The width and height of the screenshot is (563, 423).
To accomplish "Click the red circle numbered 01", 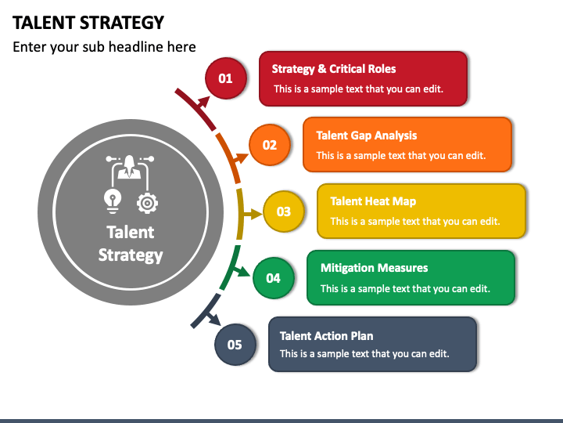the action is click(x=226, y=78).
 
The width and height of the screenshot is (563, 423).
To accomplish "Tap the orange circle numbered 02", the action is click(x=270, y=145).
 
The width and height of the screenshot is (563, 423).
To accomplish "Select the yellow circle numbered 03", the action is click(x=284, y=211).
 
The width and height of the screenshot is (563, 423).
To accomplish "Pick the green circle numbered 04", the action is click(x=273, y=277).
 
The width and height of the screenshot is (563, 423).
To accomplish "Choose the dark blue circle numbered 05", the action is click(x=235, y=344).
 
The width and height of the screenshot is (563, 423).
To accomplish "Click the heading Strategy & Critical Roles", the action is click(x=334, y=69).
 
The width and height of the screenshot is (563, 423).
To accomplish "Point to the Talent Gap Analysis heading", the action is click(x=366, y=136).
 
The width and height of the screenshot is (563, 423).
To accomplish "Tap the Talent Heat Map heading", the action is click(x=373, y=201).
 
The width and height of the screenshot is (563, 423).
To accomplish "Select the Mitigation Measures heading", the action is click(x=374, y=268).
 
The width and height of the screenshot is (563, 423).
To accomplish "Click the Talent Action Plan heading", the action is click(x=326, y=335).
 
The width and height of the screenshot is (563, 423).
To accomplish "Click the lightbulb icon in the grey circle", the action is click(x=113, y=201).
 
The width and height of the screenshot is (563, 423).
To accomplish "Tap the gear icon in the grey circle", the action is click(x=147, y=203).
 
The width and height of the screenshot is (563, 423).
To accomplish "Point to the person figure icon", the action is click(x=129, y=167).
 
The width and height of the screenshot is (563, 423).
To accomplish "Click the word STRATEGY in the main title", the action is click(x=122, y=23).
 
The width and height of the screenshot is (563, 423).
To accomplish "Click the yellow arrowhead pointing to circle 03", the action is click(x=256, y=215).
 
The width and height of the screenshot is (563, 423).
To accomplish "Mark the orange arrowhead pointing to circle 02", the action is click(x=242, y=157).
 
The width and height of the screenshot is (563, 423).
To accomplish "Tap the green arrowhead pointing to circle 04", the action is click(x=244, y=272).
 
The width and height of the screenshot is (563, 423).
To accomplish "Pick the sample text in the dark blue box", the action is click(x=364, y=353).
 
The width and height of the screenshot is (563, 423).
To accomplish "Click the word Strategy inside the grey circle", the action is click(x=131, y=255).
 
